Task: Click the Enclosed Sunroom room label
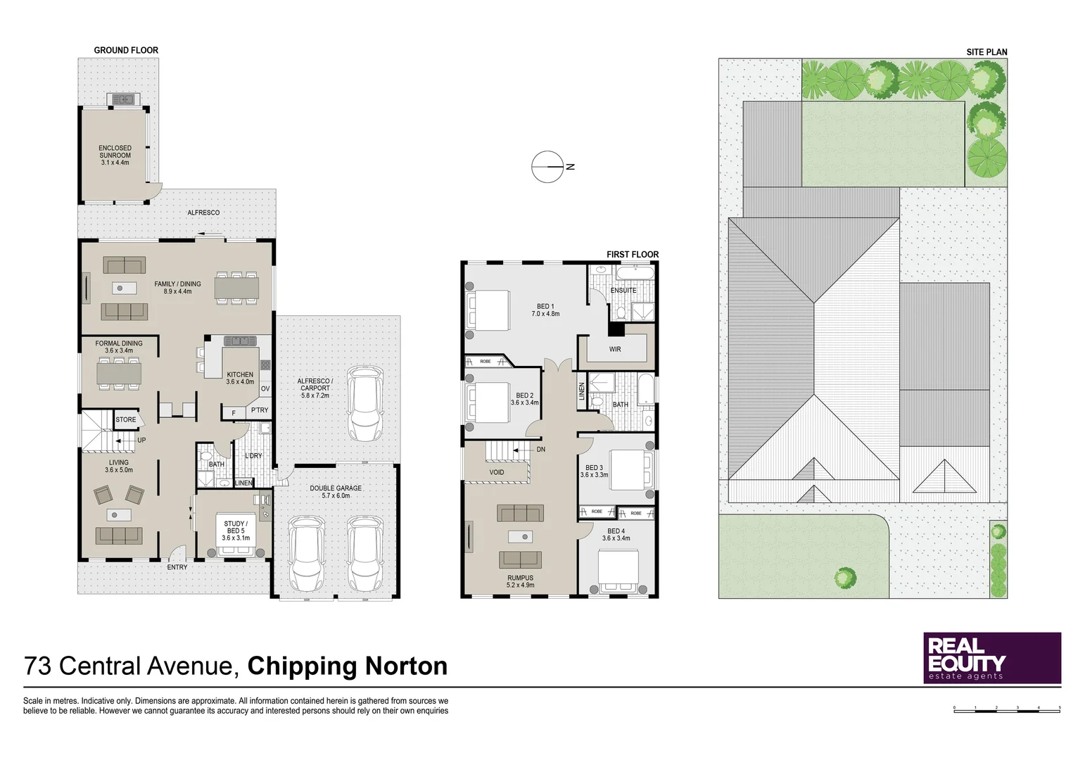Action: coord(115,155)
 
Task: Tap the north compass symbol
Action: coord(547,167)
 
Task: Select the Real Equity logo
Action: coord(991,658)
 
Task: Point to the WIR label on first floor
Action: coord(615,349)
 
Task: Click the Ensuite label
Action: coord(623,290)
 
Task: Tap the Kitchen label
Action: coord(240,378)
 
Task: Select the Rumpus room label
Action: coord(520,581)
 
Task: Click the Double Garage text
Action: coord(336,491)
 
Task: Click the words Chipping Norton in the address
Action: coord(348,666)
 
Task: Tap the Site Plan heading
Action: coord(986,52)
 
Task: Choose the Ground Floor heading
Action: coord(126,50)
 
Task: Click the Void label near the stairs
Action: coord(496,472)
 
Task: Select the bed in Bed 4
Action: coord(618,572)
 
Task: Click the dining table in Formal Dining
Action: coord(119,373)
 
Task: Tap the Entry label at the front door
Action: coord(177,567)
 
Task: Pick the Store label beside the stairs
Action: coord(126,419)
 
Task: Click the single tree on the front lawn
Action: coord(845,578)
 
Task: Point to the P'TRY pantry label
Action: coord(260,410)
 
